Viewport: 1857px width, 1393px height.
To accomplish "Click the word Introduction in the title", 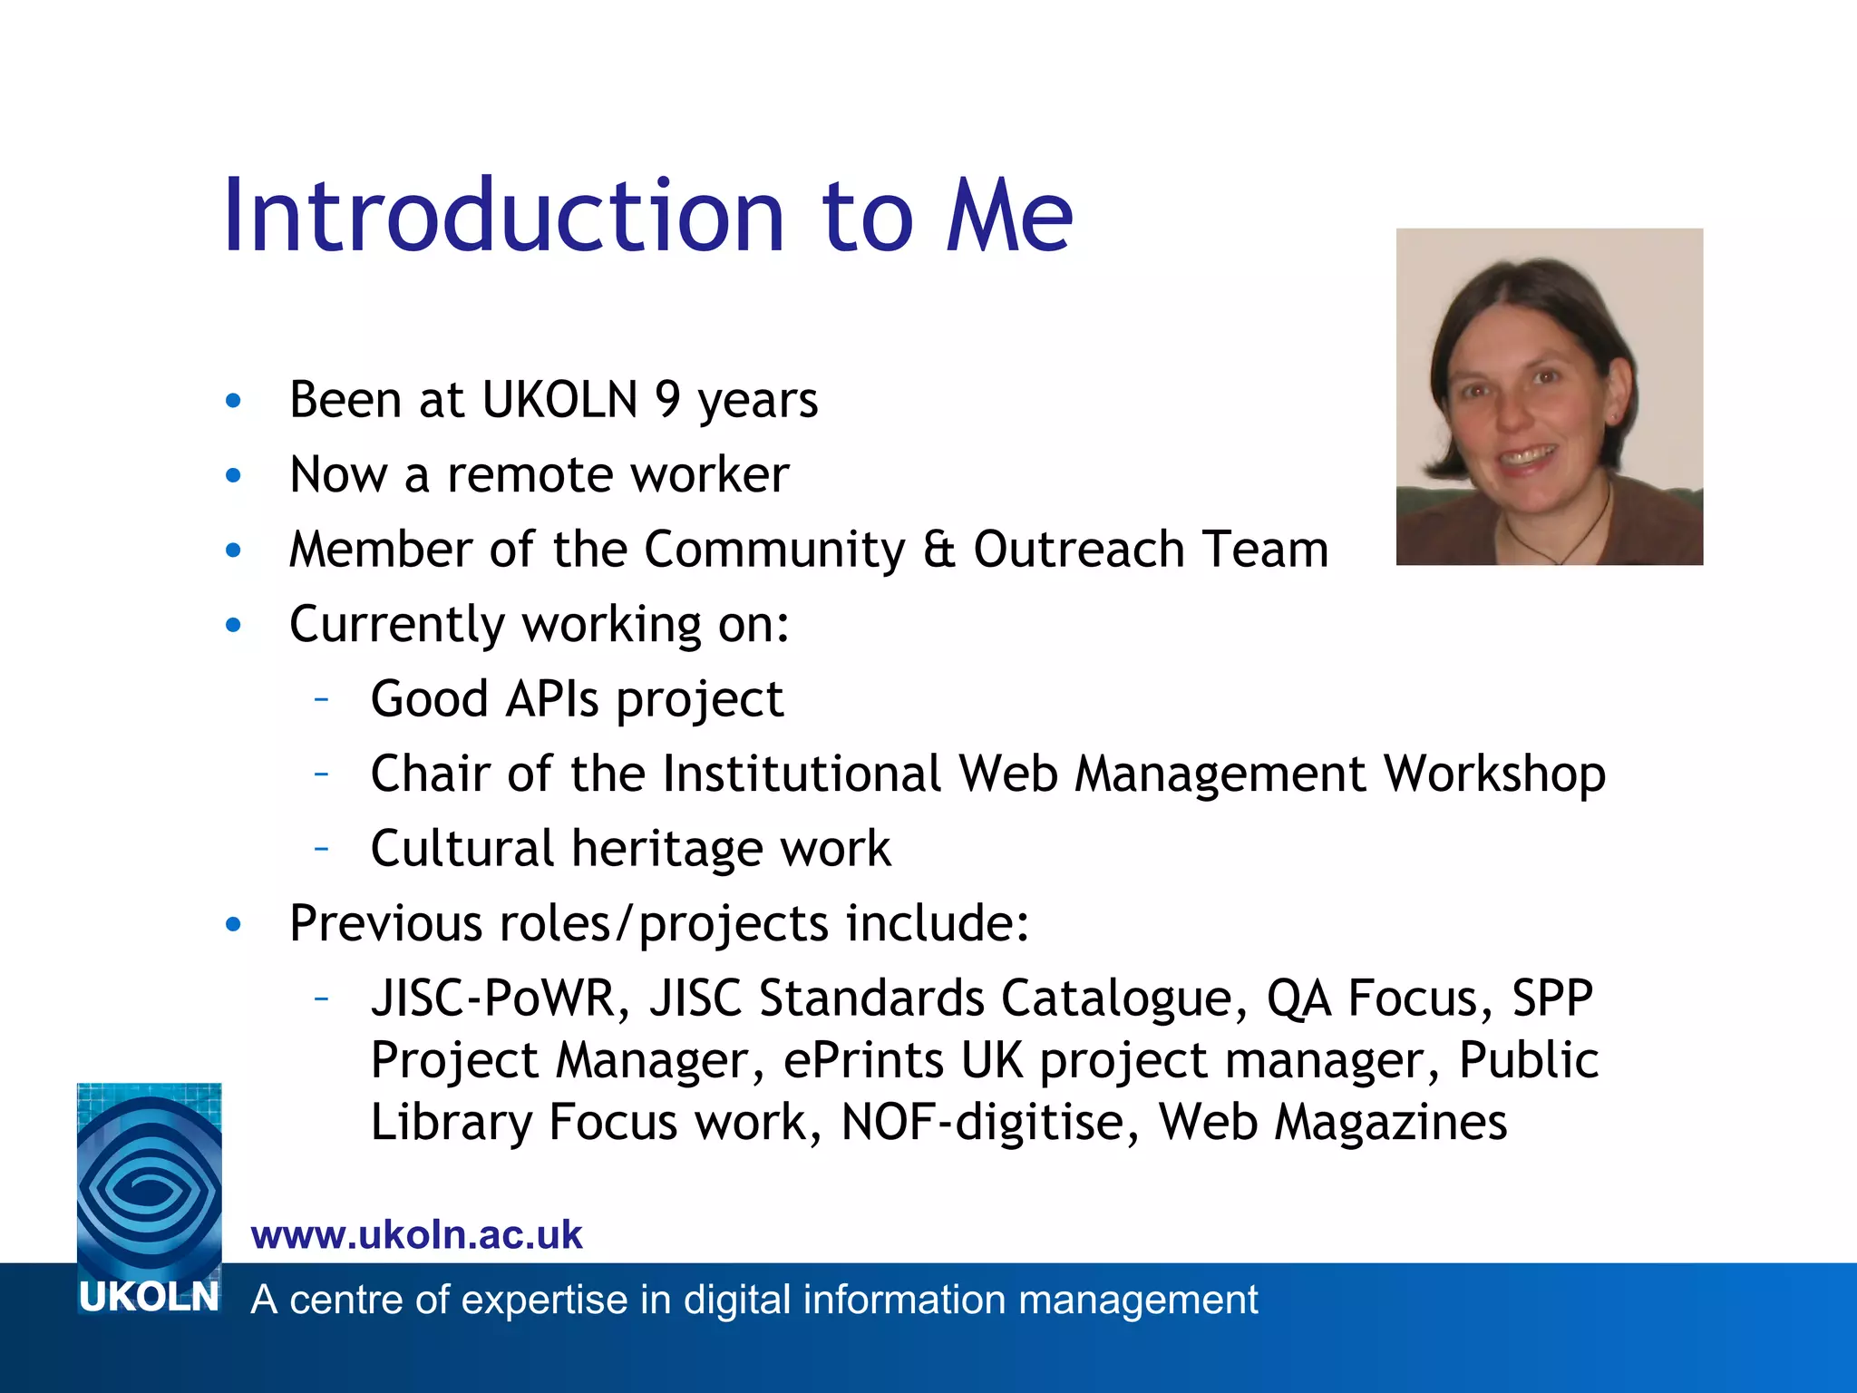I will coord(503,218).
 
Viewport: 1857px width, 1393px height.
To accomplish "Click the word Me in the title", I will coord(1008,218).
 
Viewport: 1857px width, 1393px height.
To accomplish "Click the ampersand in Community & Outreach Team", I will coord(938,550).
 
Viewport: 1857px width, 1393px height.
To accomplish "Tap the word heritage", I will coord(666,849).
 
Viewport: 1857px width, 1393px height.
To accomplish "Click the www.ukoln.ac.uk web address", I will coord(416,1235).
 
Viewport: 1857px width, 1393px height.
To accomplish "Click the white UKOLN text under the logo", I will coord(149,1297).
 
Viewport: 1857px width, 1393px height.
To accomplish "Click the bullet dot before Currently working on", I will coord(234,625).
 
